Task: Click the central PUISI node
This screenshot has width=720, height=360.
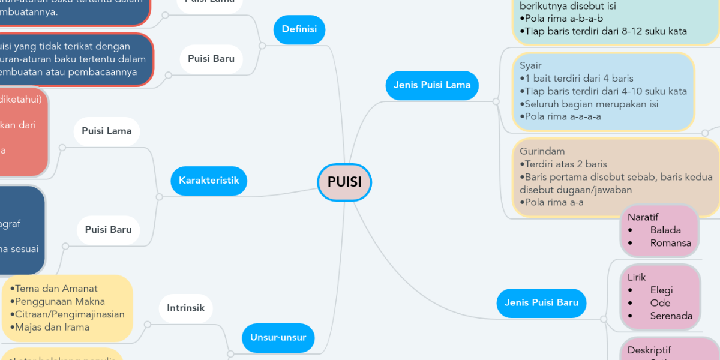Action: [344, 182]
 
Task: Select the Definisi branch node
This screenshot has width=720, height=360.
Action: [299, 29]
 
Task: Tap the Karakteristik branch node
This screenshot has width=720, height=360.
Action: [208, 180]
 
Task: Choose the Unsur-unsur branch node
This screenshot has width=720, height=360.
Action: [278, 337]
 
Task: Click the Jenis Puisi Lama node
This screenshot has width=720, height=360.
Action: [432, 85]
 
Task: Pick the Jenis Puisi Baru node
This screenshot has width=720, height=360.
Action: [541, 302]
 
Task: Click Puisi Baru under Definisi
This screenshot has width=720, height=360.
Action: [211, 59]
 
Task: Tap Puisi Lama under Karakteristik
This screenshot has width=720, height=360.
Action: [107, 131]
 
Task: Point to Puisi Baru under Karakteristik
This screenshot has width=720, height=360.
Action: [108, 229]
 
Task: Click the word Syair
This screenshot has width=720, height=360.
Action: [530, 65]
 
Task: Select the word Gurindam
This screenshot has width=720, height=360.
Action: [542, 151]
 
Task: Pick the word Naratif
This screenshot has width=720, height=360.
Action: [643, 217]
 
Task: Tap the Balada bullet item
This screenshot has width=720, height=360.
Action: [665, 230]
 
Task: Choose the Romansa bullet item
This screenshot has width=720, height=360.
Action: [670, 244]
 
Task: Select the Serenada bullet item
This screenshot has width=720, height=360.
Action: [671, 316]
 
